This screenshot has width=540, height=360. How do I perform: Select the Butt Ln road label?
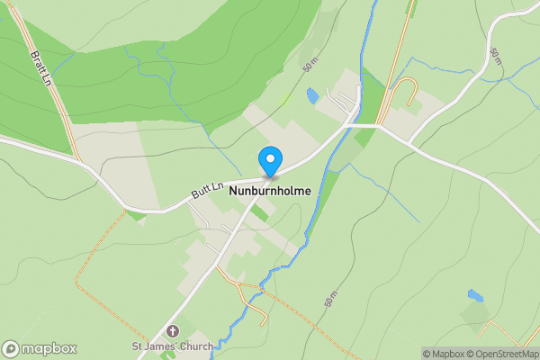point(207,188)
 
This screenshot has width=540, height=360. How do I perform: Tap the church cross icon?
point(173,331)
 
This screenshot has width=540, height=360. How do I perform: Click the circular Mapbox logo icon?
point(12,348)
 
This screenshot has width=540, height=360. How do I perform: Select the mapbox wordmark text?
point(49,348)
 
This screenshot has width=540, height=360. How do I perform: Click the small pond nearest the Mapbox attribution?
point(474,295)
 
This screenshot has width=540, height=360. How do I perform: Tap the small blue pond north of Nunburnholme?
point(312,94)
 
